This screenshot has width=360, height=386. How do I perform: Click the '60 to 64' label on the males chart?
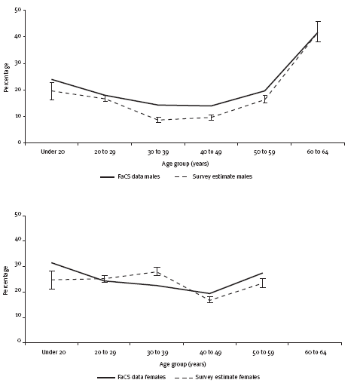317,152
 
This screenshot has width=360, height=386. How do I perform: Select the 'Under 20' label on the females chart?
53,352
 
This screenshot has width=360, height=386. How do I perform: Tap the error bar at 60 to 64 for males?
318,32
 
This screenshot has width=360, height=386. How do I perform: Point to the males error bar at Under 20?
52,91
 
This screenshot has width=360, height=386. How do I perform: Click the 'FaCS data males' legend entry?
130,176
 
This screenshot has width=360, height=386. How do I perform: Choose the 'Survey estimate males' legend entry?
213,176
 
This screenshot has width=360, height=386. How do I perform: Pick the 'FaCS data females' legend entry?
131,377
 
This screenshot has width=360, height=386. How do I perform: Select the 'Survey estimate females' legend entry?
218,377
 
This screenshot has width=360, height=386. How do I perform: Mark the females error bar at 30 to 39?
157,271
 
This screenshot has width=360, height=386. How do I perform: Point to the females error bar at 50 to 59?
263,283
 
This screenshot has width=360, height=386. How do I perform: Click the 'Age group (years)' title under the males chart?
185,164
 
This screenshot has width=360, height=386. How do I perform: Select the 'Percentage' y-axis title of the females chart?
6,280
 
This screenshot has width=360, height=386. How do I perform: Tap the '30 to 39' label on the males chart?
158,152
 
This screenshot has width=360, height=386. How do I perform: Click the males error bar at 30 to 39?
158,120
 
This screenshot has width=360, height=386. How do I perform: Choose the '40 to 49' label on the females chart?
210,352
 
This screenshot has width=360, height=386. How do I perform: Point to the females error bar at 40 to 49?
210,299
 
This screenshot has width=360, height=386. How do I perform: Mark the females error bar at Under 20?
52,280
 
